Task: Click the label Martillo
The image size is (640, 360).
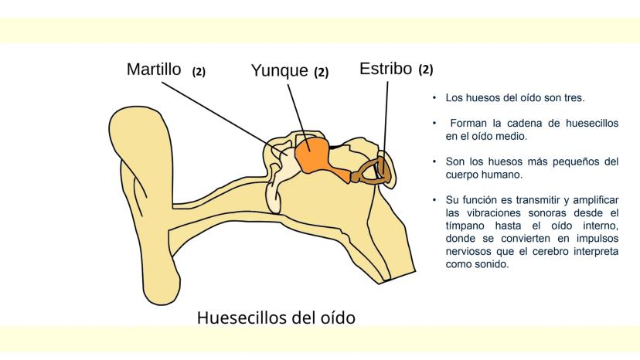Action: [154, 70]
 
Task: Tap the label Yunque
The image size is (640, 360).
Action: [278, 72]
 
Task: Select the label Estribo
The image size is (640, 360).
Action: [385, 69]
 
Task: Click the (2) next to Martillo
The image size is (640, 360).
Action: [199, 72]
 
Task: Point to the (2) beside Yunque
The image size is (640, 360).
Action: [321, 73]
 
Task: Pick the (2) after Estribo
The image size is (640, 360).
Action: [425, 70]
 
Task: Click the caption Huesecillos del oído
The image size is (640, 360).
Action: [276, 317]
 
